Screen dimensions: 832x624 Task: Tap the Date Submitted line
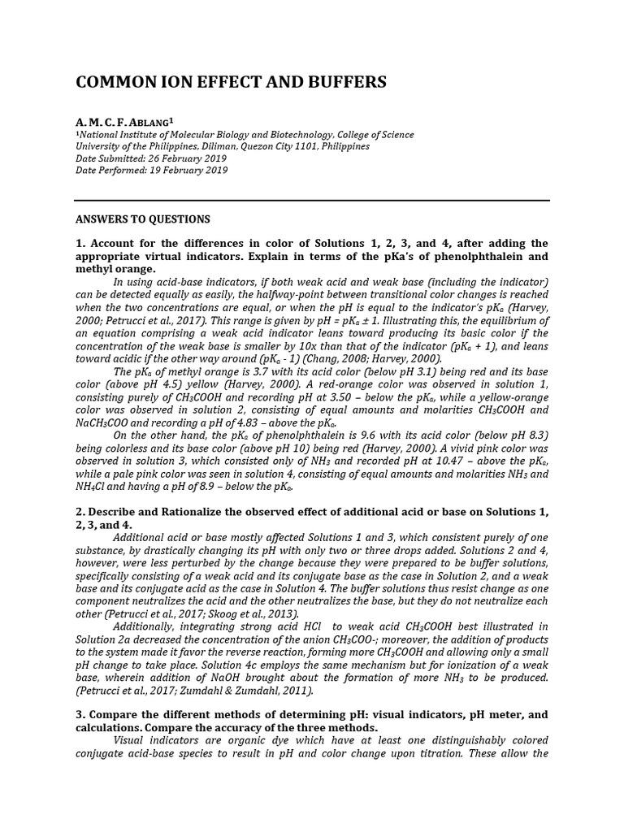[151, 158]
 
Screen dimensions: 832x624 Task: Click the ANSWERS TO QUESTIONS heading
[143, 219]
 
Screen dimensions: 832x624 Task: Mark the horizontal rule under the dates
[312, 200]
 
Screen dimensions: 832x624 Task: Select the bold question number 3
[80, 714]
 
